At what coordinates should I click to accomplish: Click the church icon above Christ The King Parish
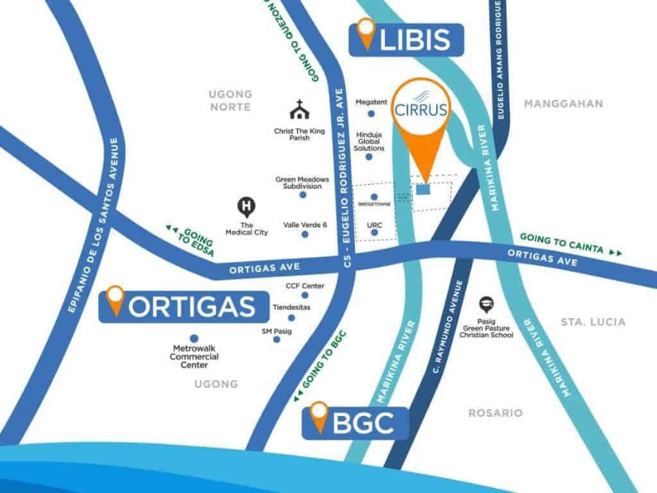[x=298, y=110]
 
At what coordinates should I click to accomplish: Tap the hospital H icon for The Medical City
[x=246, y=207]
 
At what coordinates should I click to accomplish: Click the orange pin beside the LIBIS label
[x=366, y=33]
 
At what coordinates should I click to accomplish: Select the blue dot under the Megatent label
[x=371, y=114]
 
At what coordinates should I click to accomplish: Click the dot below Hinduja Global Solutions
[x=368, y=157]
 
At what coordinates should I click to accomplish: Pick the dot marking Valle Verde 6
[x=305, y=235]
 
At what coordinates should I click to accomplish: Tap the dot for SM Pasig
[x=277, y=339]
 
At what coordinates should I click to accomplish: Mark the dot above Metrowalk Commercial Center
[x=194, y=338]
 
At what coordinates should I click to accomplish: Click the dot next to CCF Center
[x=305, y=295]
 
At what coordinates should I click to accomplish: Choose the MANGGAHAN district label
[x=563, y=103]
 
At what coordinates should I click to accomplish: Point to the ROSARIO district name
[x=495, y=413]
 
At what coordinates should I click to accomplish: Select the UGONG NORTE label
[x=230, y=101]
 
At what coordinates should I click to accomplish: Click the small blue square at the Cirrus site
[x=423, y=189]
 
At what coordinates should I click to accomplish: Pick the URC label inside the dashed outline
[x=375, y=226]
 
